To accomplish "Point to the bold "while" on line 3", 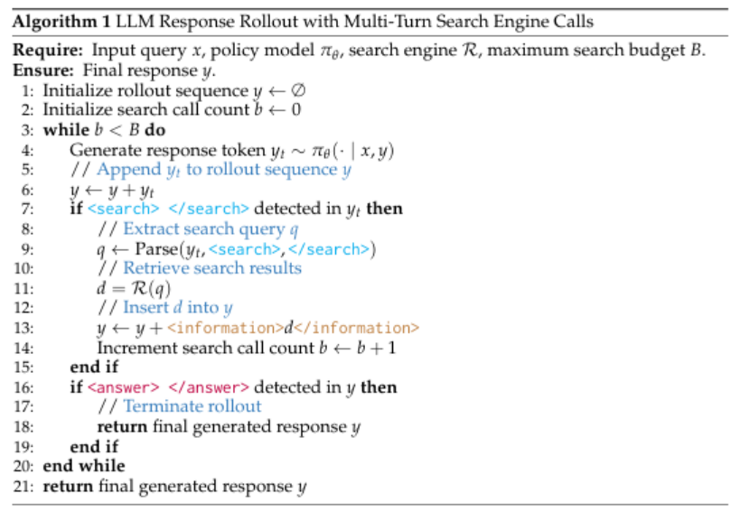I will [64, 130].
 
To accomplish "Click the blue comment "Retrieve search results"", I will [211, 268].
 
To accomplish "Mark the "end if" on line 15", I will [94, 368].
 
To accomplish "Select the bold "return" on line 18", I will [119, 426].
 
